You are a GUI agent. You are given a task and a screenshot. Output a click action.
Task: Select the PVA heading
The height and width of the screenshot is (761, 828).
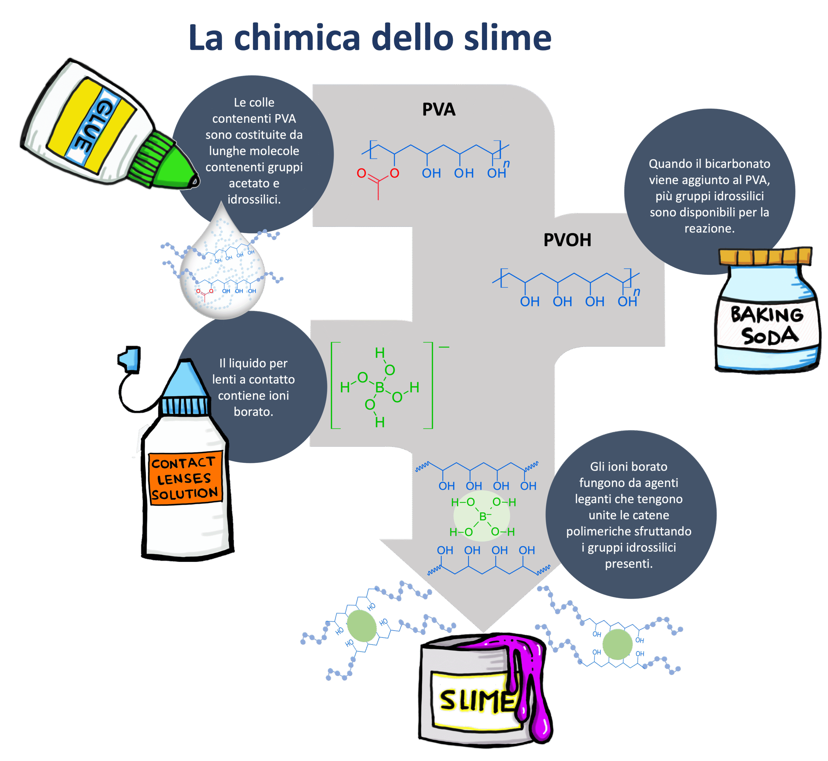coord(439,110)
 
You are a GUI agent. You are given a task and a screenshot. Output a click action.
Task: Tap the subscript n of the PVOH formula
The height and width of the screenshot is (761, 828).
coord(637,292)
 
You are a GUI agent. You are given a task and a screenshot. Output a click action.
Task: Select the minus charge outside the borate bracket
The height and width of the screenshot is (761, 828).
coord(444,347)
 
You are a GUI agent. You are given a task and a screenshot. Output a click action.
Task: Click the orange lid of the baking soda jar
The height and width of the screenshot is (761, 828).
coord(765,256)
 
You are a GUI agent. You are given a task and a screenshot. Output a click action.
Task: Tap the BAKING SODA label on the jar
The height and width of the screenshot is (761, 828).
coord(767,325)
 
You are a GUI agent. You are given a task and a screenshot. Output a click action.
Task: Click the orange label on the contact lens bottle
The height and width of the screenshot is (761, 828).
coord(185,478)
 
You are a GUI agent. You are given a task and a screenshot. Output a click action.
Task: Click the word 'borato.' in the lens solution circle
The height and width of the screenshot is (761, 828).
coord(253,412)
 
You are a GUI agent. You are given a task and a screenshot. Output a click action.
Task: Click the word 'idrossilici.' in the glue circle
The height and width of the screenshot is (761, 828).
coord(254,200)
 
